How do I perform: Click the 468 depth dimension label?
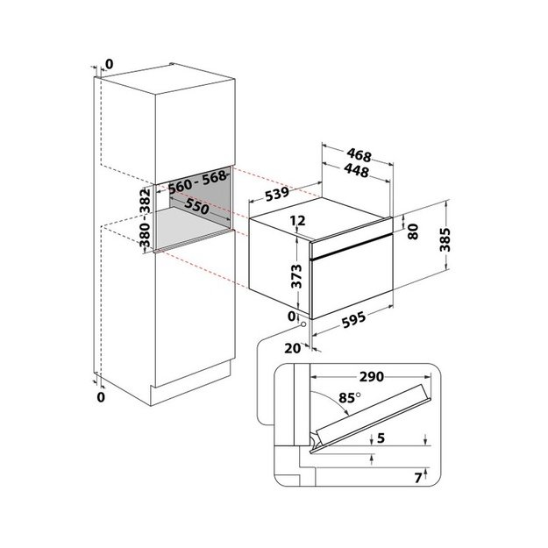359,155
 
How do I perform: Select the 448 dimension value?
356,171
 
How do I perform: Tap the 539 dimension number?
277,194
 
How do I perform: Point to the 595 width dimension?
353,319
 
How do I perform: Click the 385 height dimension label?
445,239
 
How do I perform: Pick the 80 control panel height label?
413,231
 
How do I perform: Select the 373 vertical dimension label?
296,276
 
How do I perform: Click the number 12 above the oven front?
298,220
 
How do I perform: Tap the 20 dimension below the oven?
293,348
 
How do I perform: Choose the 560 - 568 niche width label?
197,182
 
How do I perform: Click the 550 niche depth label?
196,206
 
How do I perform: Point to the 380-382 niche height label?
145,217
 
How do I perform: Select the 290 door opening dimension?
372,377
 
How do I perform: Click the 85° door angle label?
349,398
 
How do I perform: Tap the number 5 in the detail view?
381,438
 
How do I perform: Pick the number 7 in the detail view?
418,478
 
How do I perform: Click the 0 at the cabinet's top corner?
110,64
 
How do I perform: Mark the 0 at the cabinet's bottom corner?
101,397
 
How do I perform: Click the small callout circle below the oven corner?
303,324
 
